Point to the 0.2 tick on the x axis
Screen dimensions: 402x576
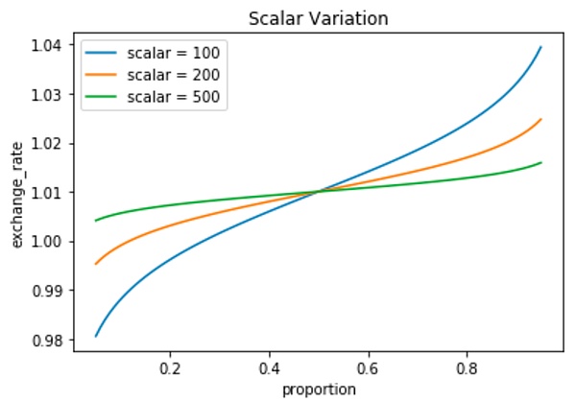(x=170, y=367)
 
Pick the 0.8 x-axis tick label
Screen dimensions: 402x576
(x=467, y=367)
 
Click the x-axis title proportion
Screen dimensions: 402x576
(x=318, y=389)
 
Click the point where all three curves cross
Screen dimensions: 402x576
(x=319, y=192)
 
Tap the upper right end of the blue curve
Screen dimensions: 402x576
(x=541, y=46)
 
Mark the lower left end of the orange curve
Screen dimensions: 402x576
(x=96, y=264)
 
